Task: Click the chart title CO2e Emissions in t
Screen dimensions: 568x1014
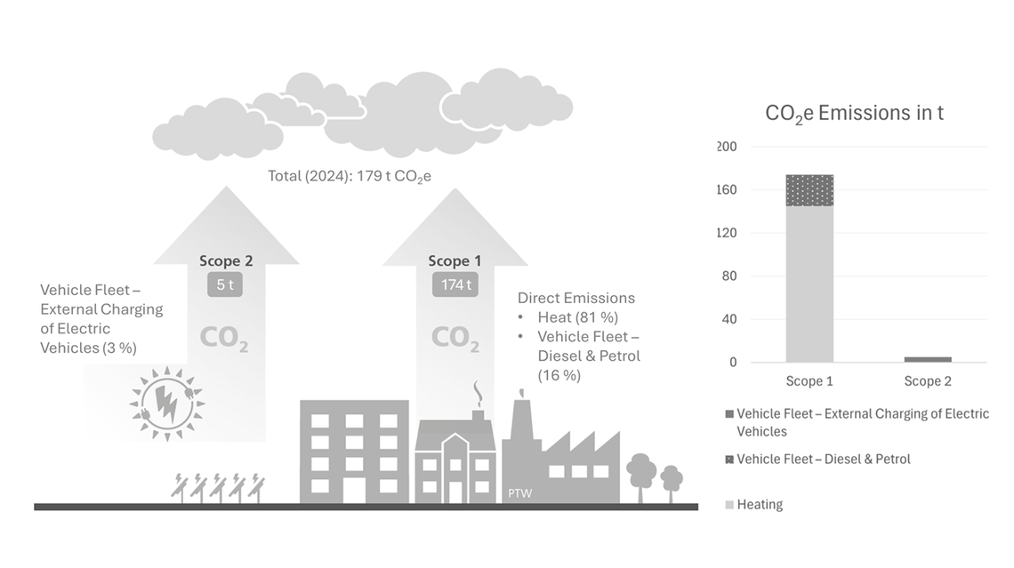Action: [x=854, y=114]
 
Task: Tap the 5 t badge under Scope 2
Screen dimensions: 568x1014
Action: [x=224, y=285]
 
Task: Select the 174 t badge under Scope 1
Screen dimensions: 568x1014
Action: [x=455, y=285]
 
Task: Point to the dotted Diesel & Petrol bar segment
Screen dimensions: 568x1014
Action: [x=809, y=190]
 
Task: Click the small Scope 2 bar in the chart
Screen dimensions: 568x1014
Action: [x=928, y=359]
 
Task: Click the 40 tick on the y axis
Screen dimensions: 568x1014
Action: [x=729, y=319]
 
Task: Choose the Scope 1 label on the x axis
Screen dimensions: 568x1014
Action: [x=809, y=381]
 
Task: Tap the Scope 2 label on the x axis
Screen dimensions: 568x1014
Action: [x=928, y=381]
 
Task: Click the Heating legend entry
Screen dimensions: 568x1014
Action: [x=760, y=505]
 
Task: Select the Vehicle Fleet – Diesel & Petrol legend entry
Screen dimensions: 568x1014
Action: [x=823, y=460]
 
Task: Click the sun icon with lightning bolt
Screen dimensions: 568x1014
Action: [x=166, y=402]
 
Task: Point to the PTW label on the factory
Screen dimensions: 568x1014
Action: [x=519, y=492]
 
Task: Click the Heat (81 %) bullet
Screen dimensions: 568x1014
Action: [x=577, y=317]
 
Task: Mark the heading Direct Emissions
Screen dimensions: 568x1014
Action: [x=576, y=298]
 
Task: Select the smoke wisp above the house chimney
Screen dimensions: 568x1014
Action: [x=478, y=393]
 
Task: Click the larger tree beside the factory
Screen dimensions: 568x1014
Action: [x=642, y=475]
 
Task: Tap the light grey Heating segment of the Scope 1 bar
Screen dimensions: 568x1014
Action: [x=809, y=284]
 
